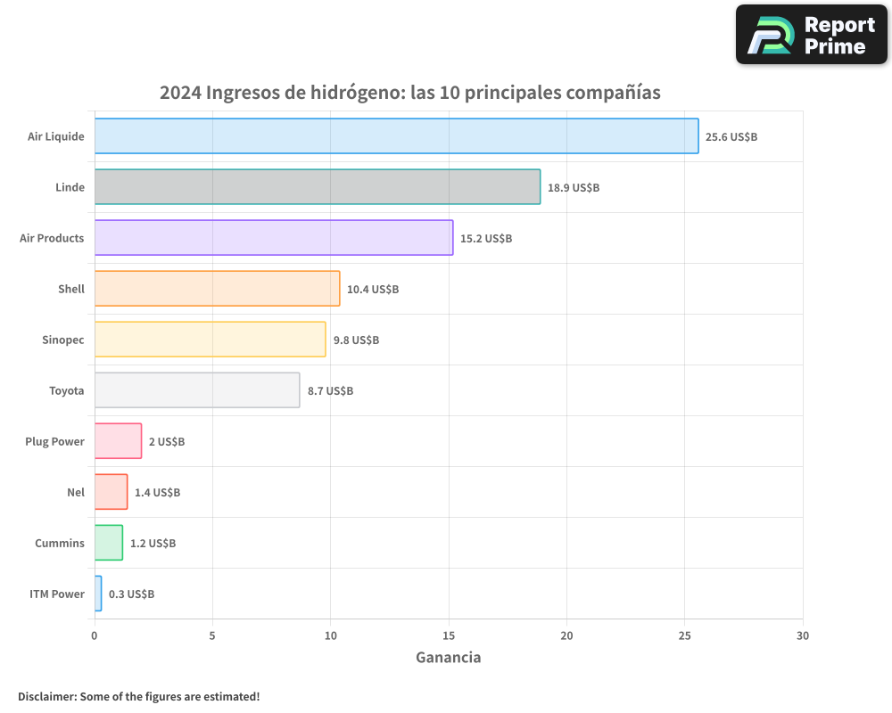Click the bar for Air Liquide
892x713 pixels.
(396, 136)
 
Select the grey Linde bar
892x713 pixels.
(318, 187)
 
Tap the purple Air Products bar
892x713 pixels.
(274, 238)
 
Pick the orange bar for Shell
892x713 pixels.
(217, 289)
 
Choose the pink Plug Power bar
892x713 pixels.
(118, 441)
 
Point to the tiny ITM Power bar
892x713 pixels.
(98, 594)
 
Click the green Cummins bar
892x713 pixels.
(109, 543)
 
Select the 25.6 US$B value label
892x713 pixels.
(731, 137)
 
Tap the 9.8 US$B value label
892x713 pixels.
(356, 340)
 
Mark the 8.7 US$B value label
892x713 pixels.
(330, 391)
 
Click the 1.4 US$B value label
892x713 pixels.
(157, 493)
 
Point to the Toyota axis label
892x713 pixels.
(67, 390)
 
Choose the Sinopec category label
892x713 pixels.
(63, 340)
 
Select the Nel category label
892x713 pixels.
(76, 492)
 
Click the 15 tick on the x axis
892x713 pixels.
(449, 636)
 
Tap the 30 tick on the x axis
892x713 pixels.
(803, 636)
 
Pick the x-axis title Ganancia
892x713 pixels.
(449, 658)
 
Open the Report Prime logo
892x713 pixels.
(812, 35)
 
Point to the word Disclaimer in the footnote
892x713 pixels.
(46, 696)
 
